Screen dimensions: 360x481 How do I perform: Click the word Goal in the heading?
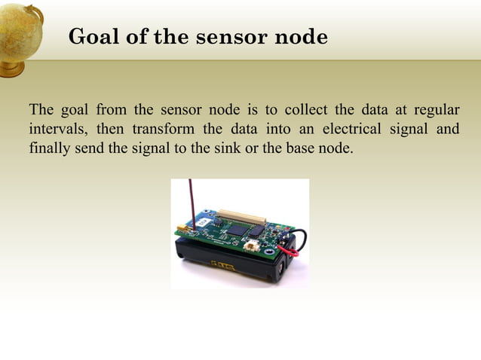click(x=89, y=36)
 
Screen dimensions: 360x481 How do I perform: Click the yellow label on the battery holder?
click(x=223, y=264)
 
